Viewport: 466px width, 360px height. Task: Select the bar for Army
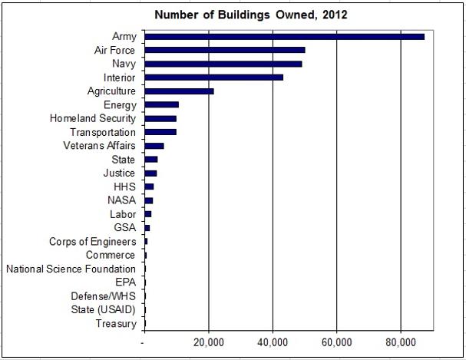(284, 36)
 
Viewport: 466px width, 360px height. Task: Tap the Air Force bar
(224, 50)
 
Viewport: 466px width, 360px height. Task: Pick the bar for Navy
(223, 64)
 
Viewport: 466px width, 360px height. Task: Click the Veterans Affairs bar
(154, 146)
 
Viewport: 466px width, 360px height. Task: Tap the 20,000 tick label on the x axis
(209, 341)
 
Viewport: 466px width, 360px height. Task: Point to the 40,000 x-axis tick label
(273, 341)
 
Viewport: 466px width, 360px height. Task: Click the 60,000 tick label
(337, 341)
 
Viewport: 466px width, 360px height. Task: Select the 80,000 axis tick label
(401, 341)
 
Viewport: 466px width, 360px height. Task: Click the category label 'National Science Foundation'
(71, 269)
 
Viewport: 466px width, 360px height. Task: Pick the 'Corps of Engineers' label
(92, 242)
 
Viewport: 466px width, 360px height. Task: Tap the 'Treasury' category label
(116, 324)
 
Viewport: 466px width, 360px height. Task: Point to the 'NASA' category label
(122, 200)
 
